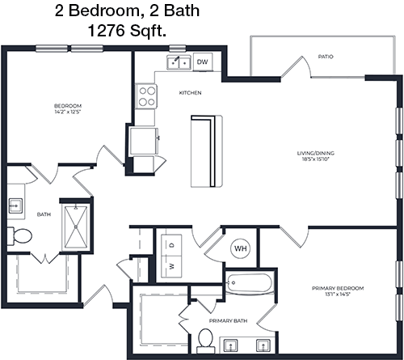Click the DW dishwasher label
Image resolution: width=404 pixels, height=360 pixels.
click(x=202, y=62)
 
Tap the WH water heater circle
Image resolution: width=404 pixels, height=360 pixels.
click(x=241, y=248)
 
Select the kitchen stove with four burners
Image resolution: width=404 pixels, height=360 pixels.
click(x=146, y=96)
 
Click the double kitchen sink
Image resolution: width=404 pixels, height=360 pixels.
click(x=179, y=62)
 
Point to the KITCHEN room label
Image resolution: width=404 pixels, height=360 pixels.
click(x=190, y=93)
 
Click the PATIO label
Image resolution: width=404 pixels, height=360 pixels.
click(x=326, y=57)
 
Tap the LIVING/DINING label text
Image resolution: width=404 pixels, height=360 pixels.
click(x=316, y=153)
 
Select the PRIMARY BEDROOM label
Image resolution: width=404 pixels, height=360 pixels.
click(x=338, y=288)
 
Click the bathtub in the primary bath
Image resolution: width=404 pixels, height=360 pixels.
click(x=249, y=283)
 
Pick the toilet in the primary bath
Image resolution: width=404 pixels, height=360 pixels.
click(x=206, y=341)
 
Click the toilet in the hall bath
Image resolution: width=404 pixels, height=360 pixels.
click(x=19, y=236)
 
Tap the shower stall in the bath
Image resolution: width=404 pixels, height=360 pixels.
click(x=76, y=227)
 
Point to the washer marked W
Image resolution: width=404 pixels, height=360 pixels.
click(x=171, y=266)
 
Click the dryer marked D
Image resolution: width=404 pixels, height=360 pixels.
click(x=171, y=245)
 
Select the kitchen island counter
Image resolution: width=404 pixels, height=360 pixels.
click(x=207, y=151)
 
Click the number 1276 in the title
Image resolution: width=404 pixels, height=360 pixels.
click(x=107, y=31)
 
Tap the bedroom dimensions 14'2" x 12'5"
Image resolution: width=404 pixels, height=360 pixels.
click(x=68, y=112)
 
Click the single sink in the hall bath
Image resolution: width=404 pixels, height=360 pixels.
click(x=15, y=206)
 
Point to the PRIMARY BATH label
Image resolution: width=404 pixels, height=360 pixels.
click(x=228, y=321)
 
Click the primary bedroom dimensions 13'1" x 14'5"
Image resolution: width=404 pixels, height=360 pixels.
click(x=338, y=294)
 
